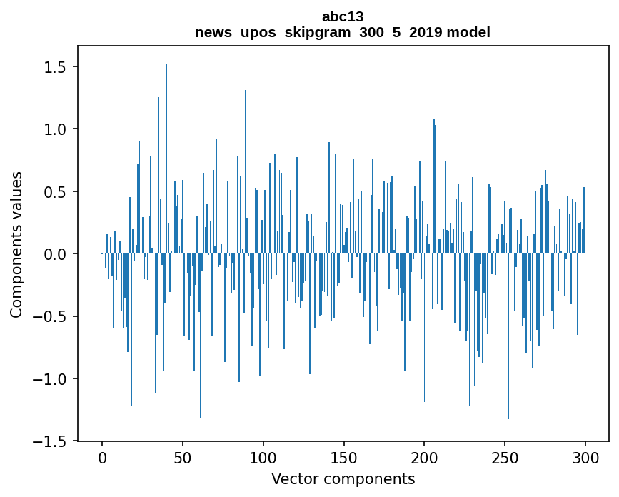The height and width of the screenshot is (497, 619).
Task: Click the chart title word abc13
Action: click(343, 16)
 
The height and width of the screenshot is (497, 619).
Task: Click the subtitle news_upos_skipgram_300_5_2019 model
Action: click(343, 32)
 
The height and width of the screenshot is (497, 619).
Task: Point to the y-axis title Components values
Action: click(16, 244)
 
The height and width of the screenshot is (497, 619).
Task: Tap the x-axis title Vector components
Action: click(343, 478)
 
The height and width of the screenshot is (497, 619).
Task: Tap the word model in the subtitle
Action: click(470, 32)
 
